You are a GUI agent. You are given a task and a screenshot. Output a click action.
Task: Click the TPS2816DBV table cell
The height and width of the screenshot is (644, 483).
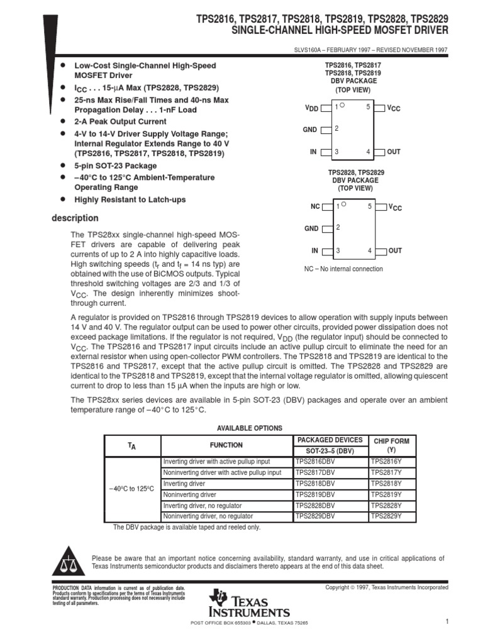pos(315,461)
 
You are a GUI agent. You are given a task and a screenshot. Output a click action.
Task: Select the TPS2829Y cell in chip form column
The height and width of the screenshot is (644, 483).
pos(386,516)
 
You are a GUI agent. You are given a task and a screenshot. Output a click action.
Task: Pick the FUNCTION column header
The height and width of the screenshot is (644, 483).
pos(226,445)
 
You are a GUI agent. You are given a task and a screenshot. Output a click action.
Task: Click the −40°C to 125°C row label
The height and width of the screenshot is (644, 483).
pos(131,489)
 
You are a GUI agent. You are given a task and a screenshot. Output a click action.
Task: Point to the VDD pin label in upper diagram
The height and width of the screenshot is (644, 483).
pos(311,108)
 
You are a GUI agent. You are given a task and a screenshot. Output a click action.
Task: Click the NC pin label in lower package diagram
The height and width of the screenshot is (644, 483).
pos(315,206)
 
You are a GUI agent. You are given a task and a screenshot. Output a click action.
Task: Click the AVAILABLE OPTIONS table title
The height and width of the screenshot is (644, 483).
pos(250,428)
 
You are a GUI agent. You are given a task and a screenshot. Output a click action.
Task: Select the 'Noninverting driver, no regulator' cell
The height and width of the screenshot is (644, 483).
pos(208,516)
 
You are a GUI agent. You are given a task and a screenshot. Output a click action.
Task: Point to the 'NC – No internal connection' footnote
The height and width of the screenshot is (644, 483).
pos(343,269)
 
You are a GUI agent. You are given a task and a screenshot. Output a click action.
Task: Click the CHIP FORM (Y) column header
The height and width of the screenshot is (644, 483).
pos(391,445)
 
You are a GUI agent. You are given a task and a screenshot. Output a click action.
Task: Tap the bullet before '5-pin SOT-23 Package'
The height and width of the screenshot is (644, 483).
pos(62,165)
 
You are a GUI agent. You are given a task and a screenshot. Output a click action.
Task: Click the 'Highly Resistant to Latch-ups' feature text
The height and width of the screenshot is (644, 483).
pos(130,200)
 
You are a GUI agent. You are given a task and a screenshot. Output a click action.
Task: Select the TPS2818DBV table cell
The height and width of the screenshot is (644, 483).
pos(315,483)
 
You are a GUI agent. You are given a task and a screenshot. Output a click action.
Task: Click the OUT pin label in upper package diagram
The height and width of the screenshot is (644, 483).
pos(394,152)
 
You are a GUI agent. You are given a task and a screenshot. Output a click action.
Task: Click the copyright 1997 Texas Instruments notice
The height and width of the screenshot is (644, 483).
pos(386,587)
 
